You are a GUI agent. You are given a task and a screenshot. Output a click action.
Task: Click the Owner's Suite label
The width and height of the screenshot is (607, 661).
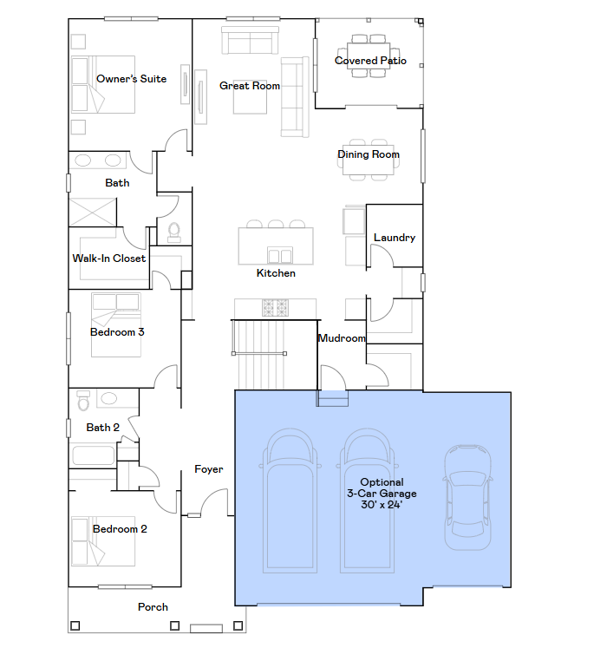tap(131, 79)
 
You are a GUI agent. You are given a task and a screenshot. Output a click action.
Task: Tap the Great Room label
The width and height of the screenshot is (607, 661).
tap(250, 86)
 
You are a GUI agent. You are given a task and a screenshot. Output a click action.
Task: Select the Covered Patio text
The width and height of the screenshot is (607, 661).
tap(370, 61)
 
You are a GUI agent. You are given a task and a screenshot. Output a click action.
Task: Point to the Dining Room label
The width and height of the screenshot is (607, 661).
tap(369, 154)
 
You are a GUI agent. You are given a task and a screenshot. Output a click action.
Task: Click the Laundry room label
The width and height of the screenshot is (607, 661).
tap(395, 238)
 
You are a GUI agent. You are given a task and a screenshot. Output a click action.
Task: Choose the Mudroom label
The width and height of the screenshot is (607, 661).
tap(342, 338)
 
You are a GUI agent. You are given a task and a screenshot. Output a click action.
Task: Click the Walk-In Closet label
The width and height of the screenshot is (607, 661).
tap(108, 259)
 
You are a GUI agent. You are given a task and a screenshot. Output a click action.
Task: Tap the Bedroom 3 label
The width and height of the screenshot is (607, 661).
tap(117, 332)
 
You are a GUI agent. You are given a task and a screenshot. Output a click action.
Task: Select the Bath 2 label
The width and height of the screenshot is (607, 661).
tap(103, 428)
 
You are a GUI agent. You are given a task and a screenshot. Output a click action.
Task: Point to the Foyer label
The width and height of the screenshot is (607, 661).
tap(209, 469)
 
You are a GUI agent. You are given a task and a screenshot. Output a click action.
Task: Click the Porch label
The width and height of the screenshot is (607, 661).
tap(153, 607)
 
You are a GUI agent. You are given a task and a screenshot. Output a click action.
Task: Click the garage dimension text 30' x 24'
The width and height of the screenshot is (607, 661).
tap(382, 505)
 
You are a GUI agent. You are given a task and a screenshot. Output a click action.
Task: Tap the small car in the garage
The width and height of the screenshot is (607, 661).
tap(467, 497)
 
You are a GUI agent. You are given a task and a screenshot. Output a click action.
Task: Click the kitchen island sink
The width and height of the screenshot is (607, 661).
tap(280, 256)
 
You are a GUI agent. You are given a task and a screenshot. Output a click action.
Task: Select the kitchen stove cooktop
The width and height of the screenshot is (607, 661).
tap(275, 308)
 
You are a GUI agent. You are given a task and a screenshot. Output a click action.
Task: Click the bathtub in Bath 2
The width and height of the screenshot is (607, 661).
tap(93, 455)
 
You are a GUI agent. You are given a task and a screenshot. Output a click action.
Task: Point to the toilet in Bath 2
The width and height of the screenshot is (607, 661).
tap(83, 401)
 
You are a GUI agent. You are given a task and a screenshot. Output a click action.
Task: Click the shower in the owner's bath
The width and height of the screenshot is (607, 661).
tap(92, 213)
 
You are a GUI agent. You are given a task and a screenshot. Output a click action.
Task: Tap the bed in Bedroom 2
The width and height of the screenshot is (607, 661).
tap(103, 541)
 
